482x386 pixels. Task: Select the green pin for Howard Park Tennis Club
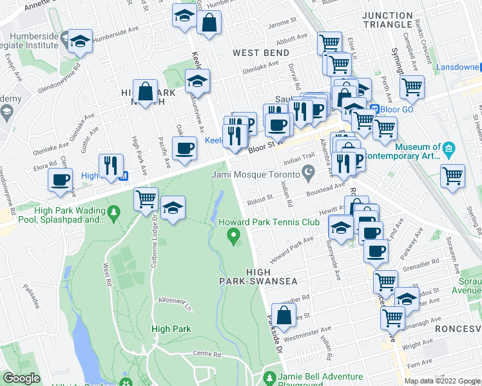pyautogui.click(x=235, y=239)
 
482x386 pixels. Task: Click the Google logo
pyautogui.click(x=21, y=379)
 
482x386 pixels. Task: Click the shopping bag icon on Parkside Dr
pyautogui.click(x=283, y=315)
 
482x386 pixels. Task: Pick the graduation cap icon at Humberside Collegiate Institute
pyautogui.click(x=80, y=41)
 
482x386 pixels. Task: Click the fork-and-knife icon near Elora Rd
pyautogui.click(x=111, y=165)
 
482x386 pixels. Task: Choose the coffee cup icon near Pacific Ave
pyautogui.click(x=185, y=148)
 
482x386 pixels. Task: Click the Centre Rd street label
pyautogui.click(x=206, y=354)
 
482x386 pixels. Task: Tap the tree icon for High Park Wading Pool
pyautogui.click(x=114, y=212)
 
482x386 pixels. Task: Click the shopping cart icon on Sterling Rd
pyautogui.click(x=452, y=175)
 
